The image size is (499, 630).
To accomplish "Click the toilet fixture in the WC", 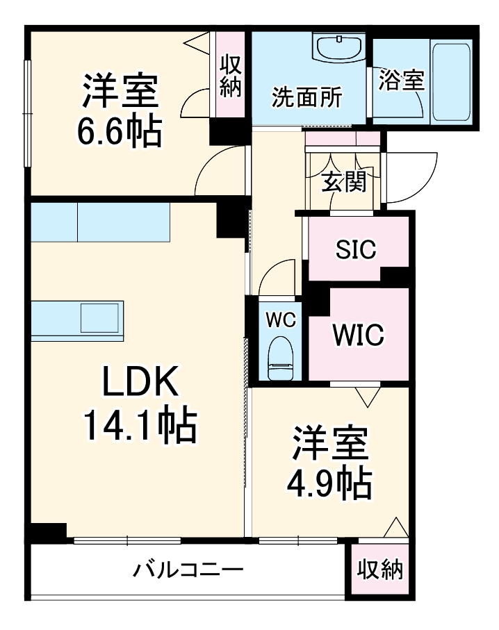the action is (281, 358).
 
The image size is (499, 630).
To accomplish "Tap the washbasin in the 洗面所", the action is (340, 47).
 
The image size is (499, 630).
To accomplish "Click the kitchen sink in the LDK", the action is (100, 317).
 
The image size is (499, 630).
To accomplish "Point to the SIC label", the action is (357, 249).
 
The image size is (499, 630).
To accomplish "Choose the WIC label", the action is (359, 334).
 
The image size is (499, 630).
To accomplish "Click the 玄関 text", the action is (344, 182).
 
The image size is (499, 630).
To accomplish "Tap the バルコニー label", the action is (188, 570).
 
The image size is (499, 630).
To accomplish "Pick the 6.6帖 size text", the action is (120, 131).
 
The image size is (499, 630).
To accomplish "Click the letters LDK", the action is (140, 381).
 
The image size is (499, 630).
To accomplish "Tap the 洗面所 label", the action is (306, 97).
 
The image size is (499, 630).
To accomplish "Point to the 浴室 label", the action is (402, 80).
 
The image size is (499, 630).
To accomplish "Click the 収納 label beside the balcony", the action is (380, 570).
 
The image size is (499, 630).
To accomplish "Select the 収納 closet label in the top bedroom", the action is (231, 76).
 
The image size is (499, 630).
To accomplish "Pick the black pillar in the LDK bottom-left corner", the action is (48, 531).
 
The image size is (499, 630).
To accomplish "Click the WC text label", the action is (281, 320).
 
